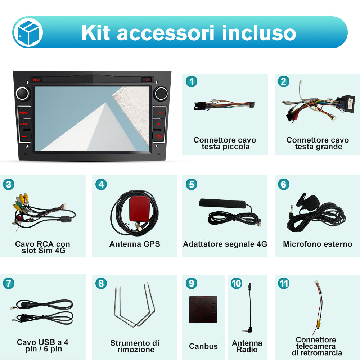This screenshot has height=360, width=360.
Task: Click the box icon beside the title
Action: (28, 33)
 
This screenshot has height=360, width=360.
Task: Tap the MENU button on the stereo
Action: (36, 80)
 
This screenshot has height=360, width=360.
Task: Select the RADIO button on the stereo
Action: (23, 113)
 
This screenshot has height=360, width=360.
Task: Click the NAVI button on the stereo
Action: (23, 124)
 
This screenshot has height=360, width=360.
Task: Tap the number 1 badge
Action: (192, 82)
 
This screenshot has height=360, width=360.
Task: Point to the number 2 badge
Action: (284, 82)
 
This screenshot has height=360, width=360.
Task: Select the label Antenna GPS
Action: (135, 244)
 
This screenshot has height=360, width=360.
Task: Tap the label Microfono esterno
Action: (318, 244)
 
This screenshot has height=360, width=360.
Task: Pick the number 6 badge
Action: (284, 184)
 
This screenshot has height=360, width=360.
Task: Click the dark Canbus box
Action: (203, 309)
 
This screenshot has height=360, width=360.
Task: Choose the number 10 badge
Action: (236, 283)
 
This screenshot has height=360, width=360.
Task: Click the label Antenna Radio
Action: (247, 346)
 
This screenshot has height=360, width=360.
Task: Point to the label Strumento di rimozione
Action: (135, 346)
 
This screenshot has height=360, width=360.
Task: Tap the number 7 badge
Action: (9, 283)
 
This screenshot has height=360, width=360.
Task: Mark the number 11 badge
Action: (284, 283)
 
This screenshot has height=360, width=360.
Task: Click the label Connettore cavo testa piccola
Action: (225, 143)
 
